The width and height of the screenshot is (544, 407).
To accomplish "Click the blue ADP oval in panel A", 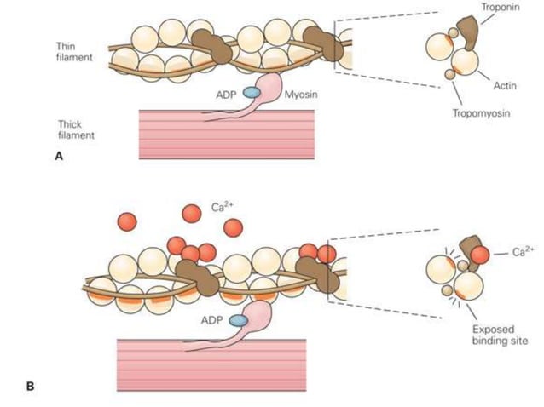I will tap(252, 92).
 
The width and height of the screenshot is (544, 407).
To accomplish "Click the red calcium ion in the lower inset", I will tap(480, 253).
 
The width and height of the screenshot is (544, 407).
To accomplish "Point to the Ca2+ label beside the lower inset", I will tap(523, 252).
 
